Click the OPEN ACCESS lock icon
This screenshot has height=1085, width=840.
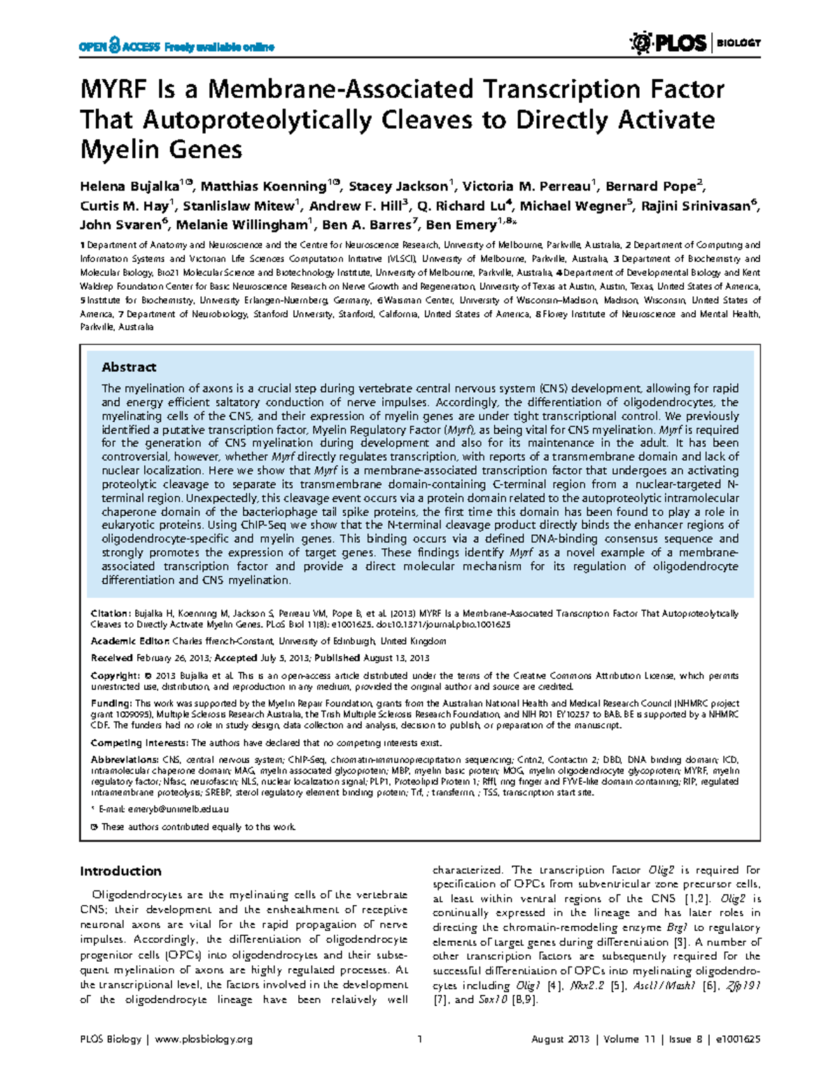(x=115, y=45)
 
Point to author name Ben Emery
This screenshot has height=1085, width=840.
(x=458, y=225)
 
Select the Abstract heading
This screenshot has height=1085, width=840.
(x=129, y=367)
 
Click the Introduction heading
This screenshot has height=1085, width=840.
(x=120, y=871)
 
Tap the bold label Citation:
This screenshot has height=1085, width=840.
(x=111, y=613)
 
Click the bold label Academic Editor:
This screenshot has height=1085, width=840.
(x=130, y=640)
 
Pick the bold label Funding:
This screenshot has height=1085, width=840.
(x=111, y=703)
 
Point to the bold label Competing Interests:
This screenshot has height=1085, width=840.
(x=139, y=743)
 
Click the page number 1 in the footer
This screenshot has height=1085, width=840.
(x=419, y=1039)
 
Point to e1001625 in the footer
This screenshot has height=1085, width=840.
(x=736, y=1039)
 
